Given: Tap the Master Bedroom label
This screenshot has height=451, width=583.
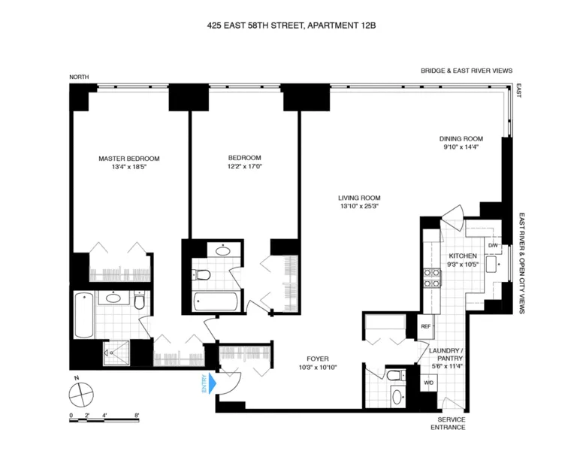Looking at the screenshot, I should point(129,159).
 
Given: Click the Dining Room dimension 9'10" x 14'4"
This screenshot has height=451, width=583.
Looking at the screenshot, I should point(461,148).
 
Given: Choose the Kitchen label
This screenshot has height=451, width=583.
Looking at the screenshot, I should point(463,256).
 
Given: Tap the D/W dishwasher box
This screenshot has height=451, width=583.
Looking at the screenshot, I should point(494,246).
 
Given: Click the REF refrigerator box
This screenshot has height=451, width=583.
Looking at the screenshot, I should point(425,326).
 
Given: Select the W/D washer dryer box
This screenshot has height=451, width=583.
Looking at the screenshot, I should point(428,382).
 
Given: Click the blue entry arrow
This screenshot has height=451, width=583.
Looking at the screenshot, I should point(212,385).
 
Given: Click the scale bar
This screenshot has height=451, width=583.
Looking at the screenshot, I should point(105,418).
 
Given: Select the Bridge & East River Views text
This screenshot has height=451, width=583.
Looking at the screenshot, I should point(467,71).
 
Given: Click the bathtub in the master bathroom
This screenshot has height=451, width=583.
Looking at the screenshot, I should point(83,314).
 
